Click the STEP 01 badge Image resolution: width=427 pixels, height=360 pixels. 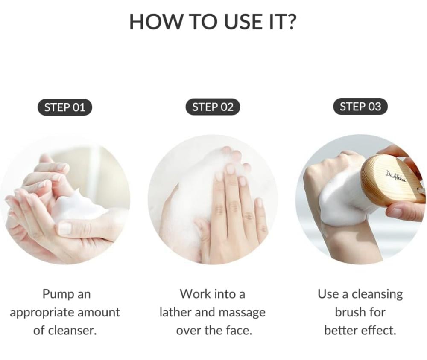click(x=65, y=107)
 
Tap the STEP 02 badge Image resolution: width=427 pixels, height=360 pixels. click(x=213, y=107)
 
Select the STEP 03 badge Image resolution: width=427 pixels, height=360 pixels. click(x=360, y=106)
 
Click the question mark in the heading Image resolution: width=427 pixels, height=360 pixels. click(x=289, y=21)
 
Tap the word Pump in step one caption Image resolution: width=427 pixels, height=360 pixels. click(x=58, y=295)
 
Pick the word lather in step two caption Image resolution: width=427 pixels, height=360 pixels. click(x=175, y=312)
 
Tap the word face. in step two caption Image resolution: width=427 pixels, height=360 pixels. click(x=239, y=330)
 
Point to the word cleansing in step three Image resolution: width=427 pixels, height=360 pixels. click(x=377, y=295)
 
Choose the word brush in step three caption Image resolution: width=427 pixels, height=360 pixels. click(x=351, y=312)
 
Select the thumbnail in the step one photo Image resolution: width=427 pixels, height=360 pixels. click(x=65, y=228)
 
